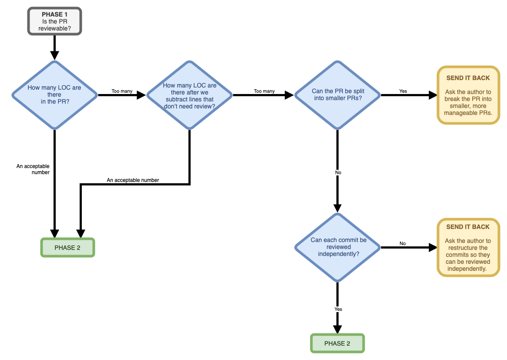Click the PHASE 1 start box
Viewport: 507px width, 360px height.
pos(54,21)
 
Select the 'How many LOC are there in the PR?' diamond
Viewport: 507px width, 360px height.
pos(54,94)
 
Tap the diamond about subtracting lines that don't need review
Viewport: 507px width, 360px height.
pos(189,94)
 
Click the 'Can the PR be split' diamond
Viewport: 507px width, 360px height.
pos(338,94)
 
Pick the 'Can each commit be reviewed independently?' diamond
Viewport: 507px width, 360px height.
pos(338,247)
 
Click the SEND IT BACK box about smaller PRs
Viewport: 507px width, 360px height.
pos(468,95)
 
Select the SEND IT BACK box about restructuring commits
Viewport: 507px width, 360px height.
pos(468,247)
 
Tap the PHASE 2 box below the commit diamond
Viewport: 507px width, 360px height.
pos(337,343)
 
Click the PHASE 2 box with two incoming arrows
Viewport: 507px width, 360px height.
pos(67,248)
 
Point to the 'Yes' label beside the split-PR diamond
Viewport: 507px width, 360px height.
pos(403,91)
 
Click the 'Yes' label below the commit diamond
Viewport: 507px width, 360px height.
pos(338,309)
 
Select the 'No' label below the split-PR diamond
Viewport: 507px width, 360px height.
pos(338,172)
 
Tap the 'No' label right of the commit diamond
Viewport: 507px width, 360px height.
pos(403,243)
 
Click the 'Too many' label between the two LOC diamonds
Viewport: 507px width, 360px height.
pos(122,91)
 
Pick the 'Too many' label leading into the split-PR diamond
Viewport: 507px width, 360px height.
pos(264,91)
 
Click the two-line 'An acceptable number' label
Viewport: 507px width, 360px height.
pos(33,169)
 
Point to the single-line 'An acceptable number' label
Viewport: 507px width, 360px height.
pos(133,180)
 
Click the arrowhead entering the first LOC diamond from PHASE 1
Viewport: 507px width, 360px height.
pos(54,55)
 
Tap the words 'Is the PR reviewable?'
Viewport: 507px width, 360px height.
pos(54,25)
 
